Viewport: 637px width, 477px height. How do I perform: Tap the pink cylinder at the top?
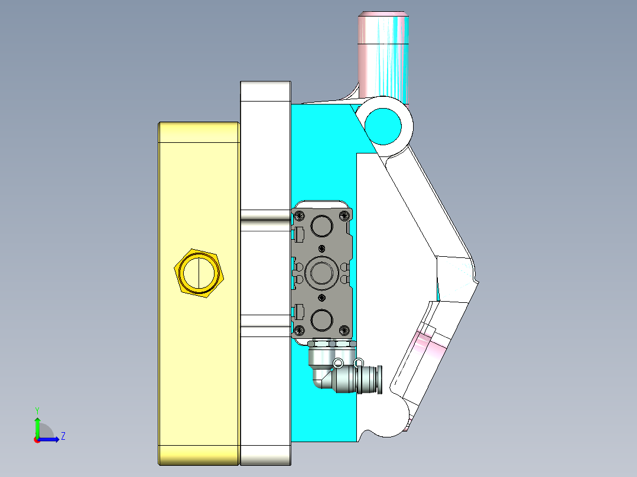pos(383,53)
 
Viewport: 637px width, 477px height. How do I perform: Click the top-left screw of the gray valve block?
pos(300,215)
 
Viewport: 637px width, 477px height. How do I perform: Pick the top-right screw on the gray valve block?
pos(344,215)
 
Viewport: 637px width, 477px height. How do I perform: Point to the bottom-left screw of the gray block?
pos(300,329)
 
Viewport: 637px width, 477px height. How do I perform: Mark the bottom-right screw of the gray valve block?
pos(344,329)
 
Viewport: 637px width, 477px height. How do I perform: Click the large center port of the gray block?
pos(322,272)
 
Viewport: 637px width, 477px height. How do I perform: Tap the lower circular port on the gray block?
pos(322,319)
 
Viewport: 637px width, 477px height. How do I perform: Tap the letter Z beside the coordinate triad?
pos(63,436)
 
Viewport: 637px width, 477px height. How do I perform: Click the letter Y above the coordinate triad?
pos(37,410)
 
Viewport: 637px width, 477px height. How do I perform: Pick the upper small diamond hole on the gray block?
pos(322,247)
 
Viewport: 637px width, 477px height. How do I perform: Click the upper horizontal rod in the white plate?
pos(265,218)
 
